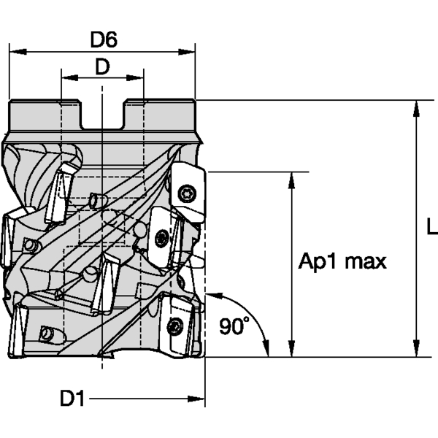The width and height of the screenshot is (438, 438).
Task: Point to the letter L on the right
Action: point(431,228)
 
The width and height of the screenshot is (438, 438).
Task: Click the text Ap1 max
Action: point(342,261)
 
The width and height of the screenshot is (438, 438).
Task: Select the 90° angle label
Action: point(234,326)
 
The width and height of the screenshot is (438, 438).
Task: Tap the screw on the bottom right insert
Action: point(175,326)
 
